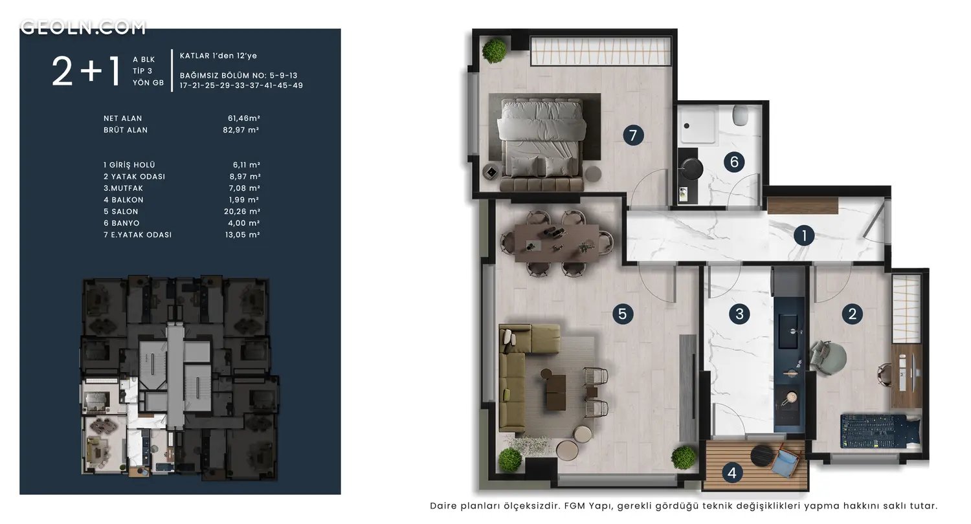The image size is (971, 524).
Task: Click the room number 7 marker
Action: click(633, 136)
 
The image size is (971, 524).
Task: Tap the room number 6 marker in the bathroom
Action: click(734, 162)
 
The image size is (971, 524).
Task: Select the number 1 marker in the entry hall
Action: click(804, 235)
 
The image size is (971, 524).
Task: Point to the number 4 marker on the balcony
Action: click(731, 472)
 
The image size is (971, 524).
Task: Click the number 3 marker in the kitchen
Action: click(739, 314)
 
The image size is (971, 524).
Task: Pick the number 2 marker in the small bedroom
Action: click(853, 314)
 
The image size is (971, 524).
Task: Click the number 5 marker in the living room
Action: click(623, 314)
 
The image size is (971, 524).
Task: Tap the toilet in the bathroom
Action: click(741, 116)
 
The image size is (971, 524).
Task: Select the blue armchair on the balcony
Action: click(787, 461)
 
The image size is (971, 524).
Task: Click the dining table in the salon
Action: click(557, 243)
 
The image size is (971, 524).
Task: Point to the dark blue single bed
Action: click(880, 431)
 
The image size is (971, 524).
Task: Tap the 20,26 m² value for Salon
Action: click(242, 212)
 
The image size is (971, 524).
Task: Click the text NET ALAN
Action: click(123, 118)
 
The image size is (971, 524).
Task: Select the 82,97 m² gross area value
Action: click(241, 129)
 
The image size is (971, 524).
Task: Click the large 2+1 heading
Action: click(86, 71)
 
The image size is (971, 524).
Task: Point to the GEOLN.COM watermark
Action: click(83, 27)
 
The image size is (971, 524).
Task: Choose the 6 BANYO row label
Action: click(122, 223)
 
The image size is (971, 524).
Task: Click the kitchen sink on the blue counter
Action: click(788, 331)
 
